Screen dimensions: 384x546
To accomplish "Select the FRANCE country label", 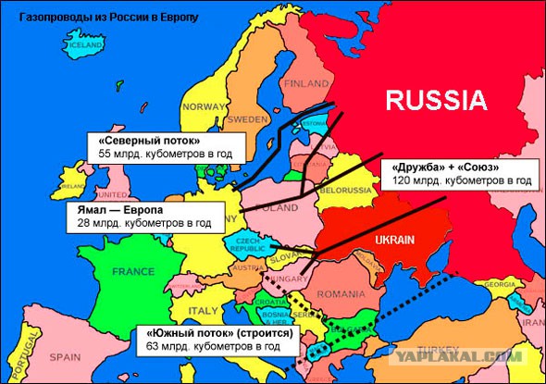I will coord(133,272).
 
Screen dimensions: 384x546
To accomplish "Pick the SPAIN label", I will coord(65,354).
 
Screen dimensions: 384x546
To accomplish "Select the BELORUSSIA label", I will coord(344,190).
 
